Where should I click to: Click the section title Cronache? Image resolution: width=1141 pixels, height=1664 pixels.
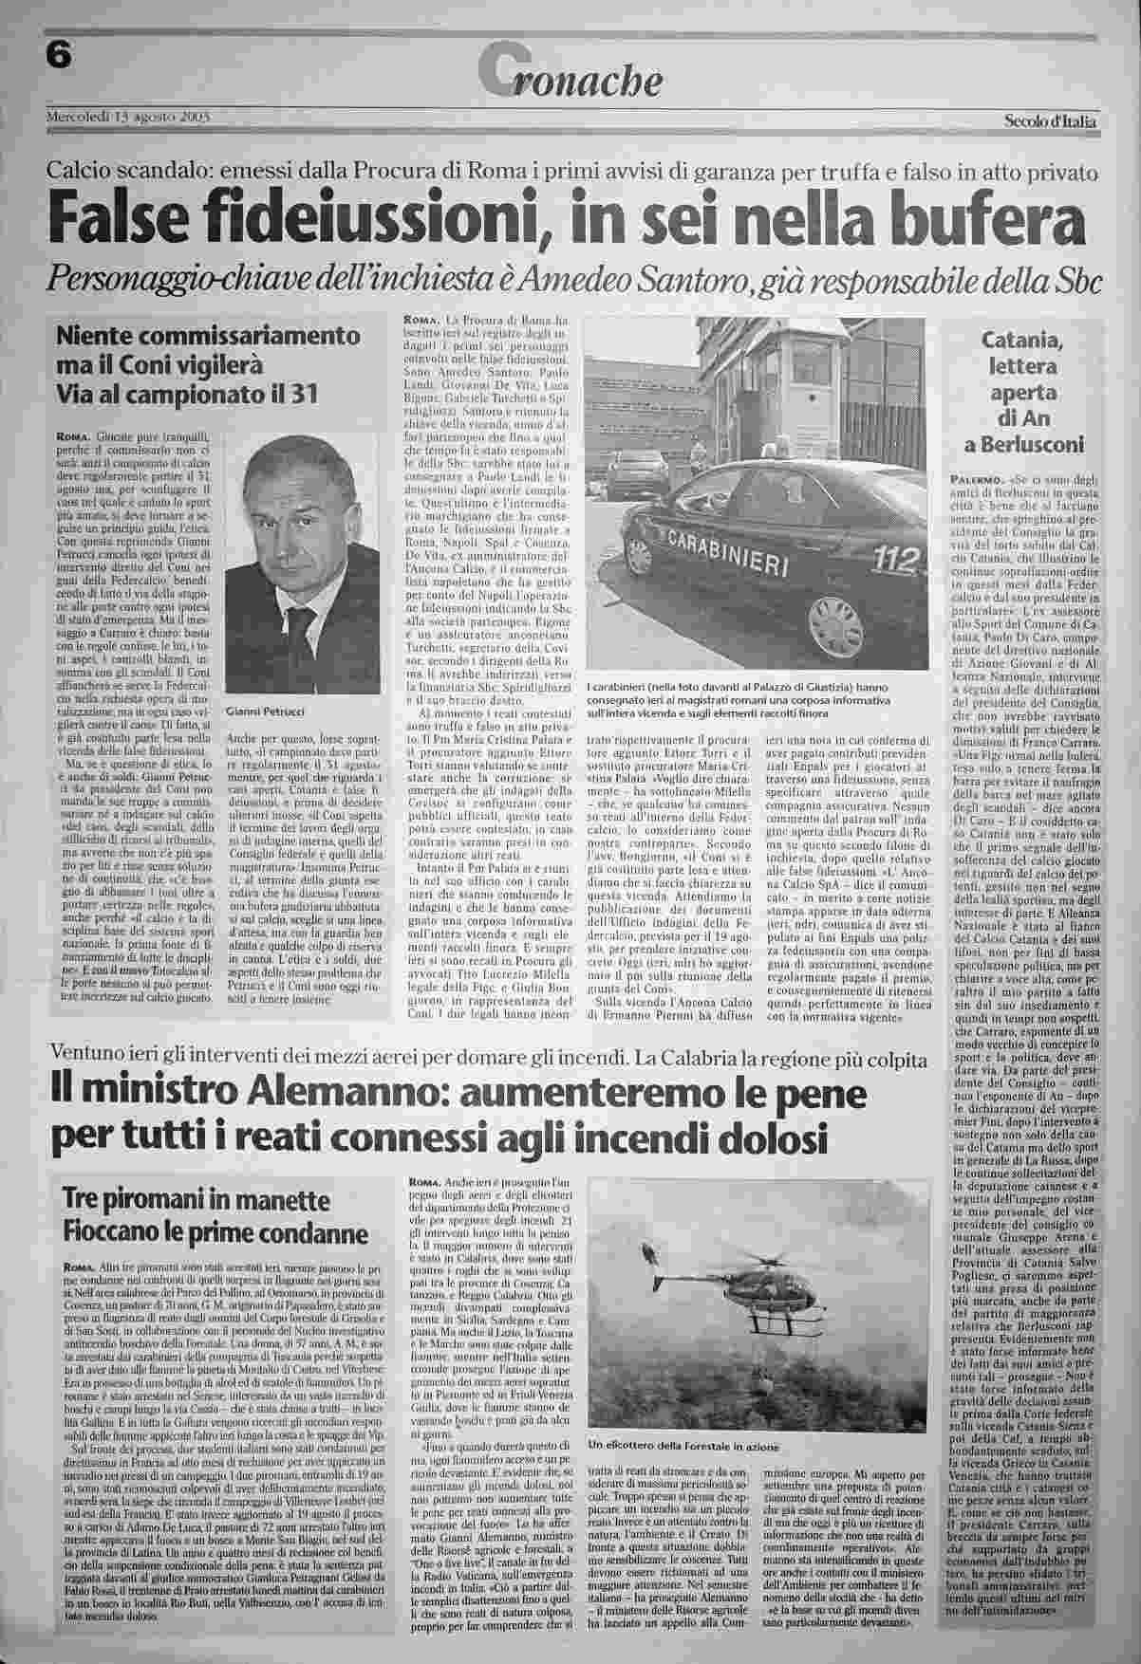tap(570, 76)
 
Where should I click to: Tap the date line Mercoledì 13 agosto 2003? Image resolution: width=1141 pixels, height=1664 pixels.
tap(128, 117)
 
